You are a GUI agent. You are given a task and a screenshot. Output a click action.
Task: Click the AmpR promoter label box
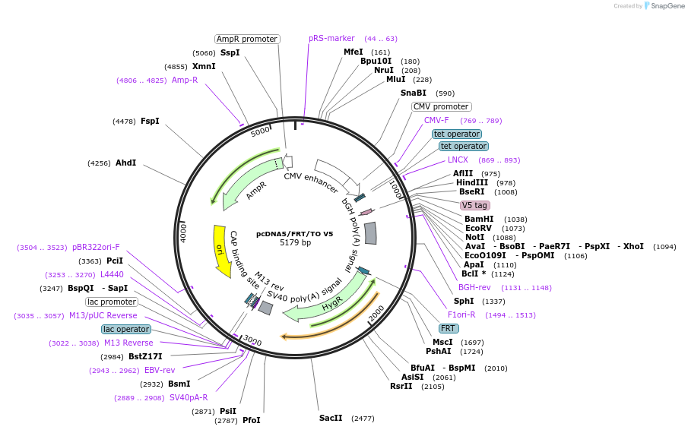tap(247, 39)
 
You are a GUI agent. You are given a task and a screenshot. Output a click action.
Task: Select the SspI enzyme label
tap(230, 52)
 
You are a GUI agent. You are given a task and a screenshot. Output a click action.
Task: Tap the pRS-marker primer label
tap(331, 39)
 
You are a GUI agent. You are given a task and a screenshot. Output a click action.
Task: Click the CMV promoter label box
tap(441, 107)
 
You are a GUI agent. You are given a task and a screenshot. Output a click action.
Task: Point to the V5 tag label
tap(474, 205)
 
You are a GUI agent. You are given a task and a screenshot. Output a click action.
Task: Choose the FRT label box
tap(449, 328)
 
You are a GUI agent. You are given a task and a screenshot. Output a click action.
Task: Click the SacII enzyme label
tap(331, 418)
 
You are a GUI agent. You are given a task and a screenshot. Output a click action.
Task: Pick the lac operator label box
tap(125, 329)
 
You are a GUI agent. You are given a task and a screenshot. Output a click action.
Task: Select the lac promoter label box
tap(111, 302)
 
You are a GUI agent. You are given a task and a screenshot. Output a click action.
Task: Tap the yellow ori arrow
tap(220, 250)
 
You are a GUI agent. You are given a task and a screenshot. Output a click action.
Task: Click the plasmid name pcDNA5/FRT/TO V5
tap(294, 234)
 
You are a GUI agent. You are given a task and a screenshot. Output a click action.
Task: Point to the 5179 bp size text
tap(295, 243)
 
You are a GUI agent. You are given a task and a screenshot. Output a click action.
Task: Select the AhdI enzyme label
tap(125, 163)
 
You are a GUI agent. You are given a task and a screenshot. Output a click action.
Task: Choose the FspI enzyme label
tap(150, 121)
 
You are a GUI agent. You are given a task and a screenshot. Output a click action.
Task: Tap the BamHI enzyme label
tap(479, 219)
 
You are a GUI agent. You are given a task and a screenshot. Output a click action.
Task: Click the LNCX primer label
tap(458, 160)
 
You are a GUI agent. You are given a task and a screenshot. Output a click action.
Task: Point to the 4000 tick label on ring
tap(183, 232)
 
